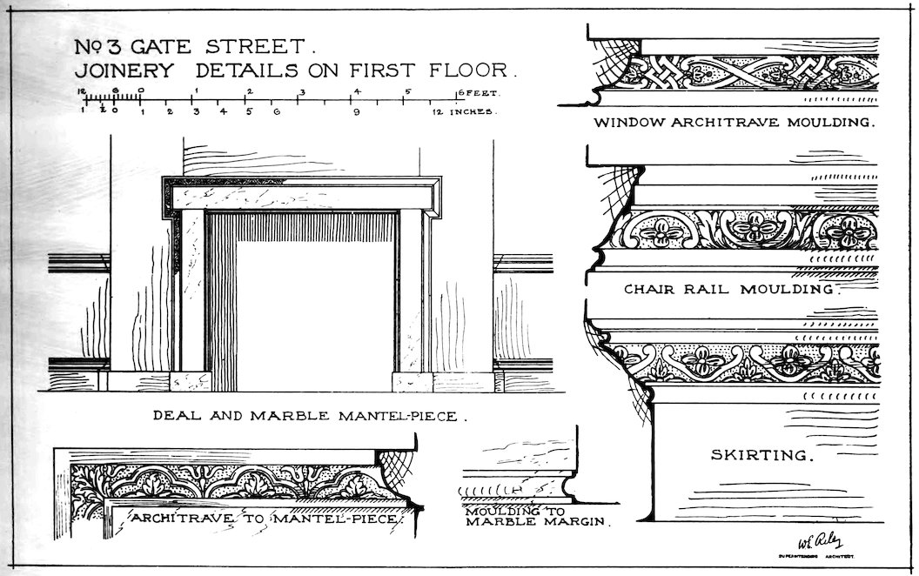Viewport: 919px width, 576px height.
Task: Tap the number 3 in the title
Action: pos(117,46)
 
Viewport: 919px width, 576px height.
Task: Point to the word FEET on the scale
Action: pos(478,92)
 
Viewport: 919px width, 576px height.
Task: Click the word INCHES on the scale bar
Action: pos(473,112)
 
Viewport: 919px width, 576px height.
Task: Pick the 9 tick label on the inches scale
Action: pos(356,112)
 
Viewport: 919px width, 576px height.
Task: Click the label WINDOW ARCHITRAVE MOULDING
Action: pos(734,123)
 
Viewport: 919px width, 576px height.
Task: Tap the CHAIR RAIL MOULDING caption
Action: pos(730,288)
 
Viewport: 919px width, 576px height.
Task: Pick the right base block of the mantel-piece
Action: pos(413,381)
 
